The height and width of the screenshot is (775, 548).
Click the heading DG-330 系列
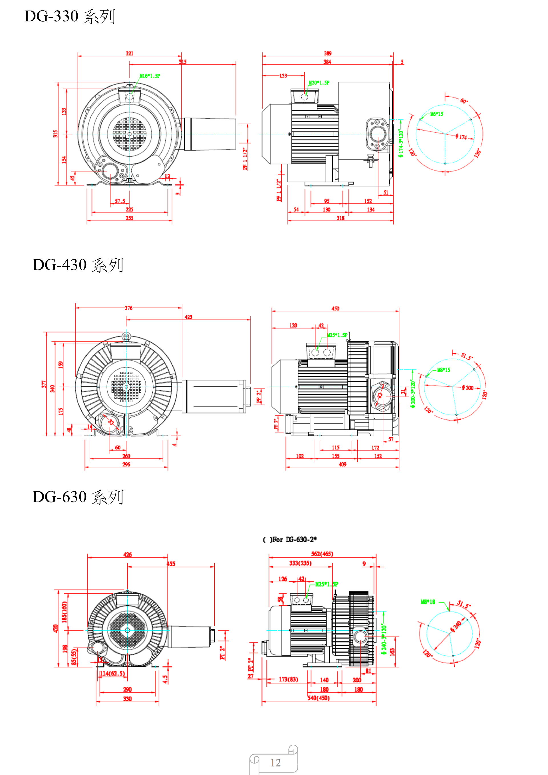tap(70, 16)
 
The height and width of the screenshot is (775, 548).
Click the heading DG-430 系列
tap(78, 265)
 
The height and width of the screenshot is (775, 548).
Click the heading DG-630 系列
tap(78, 497)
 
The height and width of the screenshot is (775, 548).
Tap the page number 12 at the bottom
tap(275, 763)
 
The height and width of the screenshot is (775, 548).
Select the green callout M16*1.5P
tap(150, 76)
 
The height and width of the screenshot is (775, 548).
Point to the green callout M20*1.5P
tap(319, 83)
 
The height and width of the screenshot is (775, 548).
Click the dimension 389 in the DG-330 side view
tap(328, 53)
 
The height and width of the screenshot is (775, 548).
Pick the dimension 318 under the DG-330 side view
tap(341, 218)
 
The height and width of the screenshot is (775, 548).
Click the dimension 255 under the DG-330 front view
tap(129, 218)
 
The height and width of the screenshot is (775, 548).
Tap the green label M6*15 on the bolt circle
tap(437, 114)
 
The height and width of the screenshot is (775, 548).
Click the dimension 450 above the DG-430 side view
tap(335, 309)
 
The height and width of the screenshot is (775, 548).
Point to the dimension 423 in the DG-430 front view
tap(188, 317)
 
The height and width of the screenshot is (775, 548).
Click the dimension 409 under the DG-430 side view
tap(342, 464)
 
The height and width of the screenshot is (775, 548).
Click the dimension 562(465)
tap(322, 554)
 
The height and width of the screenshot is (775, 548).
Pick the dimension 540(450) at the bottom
tap(318, 698)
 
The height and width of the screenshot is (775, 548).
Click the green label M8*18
tap(428, 602)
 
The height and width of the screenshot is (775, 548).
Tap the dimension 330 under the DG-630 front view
tap(127, 699)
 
